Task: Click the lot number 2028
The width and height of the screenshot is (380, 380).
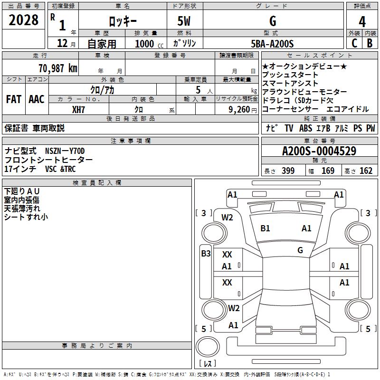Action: [24, 21]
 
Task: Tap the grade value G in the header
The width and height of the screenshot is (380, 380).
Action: [273, 21]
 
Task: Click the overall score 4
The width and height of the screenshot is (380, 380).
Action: [362, 22]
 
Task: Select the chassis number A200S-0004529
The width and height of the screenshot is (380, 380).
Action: [319, 152]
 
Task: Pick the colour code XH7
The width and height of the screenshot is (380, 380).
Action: [79, 109]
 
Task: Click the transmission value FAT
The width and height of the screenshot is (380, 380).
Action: [14, 99]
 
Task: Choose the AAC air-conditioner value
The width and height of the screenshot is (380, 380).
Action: [37, 99]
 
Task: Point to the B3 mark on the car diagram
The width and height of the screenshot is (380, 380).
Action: [206, 254]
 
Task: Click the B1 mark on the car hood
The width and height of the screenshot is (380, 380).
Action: [265, 228]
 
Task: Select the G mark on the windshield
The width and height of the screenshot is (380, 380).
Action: [300, 250]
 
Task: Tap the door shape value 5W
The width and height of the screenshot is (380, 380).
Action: [185, 21]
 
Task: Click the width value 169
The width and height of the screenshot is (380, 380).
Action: [328, 171]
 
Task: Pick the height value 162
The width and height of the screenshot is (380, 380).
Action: [366, 171]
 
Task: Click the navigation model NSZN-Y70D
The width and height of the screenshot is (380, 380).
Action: [65, 151]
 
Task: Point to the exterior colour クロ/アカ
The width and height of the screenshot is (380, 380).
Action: [102, 89]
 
